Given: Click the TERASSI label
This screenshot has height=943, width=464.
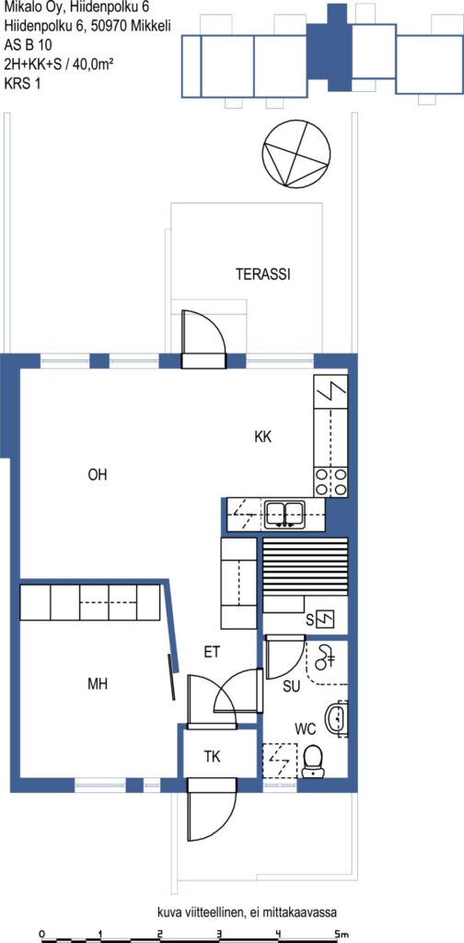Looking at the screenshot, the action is (x=262, y=274).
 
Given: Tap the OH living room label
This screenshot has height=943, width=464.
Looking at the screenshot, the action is (x=98, y=475).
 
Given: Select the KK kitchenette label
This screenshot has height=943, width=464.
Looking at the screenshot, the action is (x=262, y=437).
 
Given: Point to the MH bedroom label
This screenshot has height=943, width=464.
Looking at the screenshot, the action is (x=98, y=684).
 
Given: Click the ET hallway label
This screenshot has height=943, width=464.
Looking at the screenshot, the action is (x=212, y=653).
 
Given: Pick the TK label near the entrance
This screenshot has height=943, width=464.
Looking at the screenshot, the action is (x=212, y=757).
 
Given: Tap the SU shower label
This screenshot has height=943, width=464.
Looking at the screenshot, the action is (x=292, y=686).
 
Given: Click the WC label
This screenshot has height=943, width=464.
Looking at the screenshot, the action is (x=306, y=730).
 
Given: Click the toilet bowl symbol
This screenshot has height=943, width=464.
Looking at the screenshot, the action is (x=312, y=760).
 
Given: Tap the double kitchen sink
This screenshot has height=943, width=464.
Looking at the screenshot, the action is (x=285, y=514).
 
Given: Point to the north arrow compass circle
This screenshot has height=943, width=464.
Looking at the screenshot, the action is (x=296, y=154).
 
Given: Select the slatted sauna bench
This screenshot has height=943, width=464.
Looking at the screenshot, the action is (x=306, y=566).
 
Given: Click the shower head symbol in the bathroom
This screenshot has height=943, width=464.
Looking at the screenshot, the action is (x=325, y=657).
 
